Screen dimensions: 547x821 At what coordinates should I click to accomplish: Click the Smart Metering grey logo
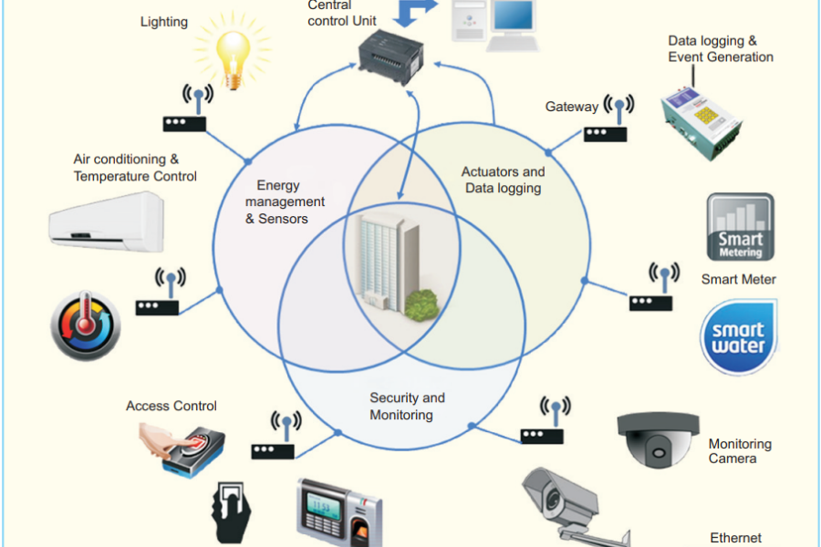[740, 227]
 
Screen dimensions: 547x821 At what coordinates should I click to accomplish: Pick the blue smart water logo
[738, 337]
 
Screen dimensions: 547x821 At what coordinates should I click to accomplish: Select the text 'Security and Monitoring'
[407, 407]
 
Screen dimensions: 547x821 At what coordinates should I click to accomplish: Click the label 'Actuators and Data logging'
[503, 180]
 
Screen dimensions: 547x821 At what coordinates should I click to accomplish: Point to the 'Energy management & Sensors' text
[284, 202]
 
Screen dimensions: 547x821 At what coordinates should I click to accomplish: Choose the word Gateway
[571, 107]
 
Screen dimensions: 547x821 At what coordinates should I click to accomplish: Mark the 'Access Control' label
[171, 406]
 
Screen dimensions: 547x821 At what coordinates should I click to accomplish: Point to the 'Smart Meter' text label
[738, 280]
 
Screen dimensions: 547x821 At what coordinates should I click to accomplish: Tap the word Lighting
[164, 21]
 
